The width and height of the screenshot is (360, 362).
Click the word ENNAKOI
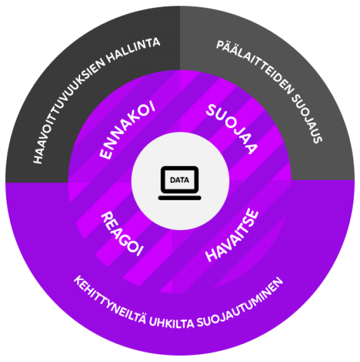(x=128, y=130)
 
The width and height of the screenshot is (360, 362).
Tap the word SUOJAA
(x=232, y=129)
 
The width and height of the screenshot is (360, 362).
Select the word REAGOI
(x=122, y=234)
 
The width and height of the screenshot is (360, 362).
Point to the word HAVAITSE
(x=232, y=235)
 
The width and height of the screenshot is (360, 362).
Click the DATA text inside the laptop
(x=179, y=180)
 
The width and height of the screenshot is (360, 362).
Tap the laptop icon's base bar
(x=179, y=198)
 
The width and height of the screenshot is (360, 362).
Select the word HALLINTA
(x=133, y=50)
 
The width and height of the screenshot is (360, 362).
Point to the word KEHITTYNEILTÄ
(x=109, y=301)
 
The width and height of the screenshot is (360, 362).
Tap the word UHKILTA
(x=172, y=323)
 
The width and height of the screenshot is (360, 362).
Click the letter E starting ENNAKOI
(x=106, y=153)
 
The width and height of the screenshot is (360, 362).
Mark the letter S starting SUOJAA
(x=211, y=110)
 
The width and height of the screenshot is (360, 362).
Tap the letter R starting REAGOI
(x=107, y=217)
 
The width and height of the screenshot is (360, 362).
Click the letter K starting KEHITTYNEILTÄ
(x=79, y=281)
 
